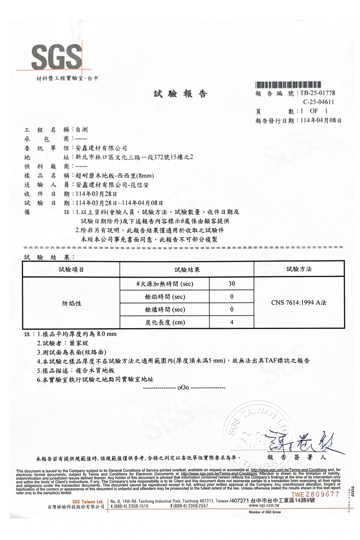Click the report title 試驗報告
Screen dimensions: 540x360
[x=180, y=94]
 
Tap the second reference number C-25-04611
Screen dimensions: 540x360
[x=318, y=102]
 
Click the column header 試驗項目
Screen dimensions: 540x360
[x=71, y=270]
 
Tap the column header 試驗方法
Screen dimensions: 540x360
[x=299, y=269]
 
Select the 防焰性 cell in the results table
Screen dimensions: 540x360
[x=71, y=303]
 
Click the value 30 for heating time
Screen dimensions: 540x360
[x=231, y=284]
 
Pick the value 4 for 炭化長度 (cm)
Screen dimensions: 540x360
[x=231, y=323]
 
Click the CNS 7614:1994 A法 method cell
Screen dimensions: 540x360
[x=299, y=303]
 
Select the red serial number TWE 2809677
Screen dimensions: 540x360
[x=315, y=494]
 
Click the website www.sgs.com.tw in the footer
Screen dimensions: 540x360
[x=265, y=505]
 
